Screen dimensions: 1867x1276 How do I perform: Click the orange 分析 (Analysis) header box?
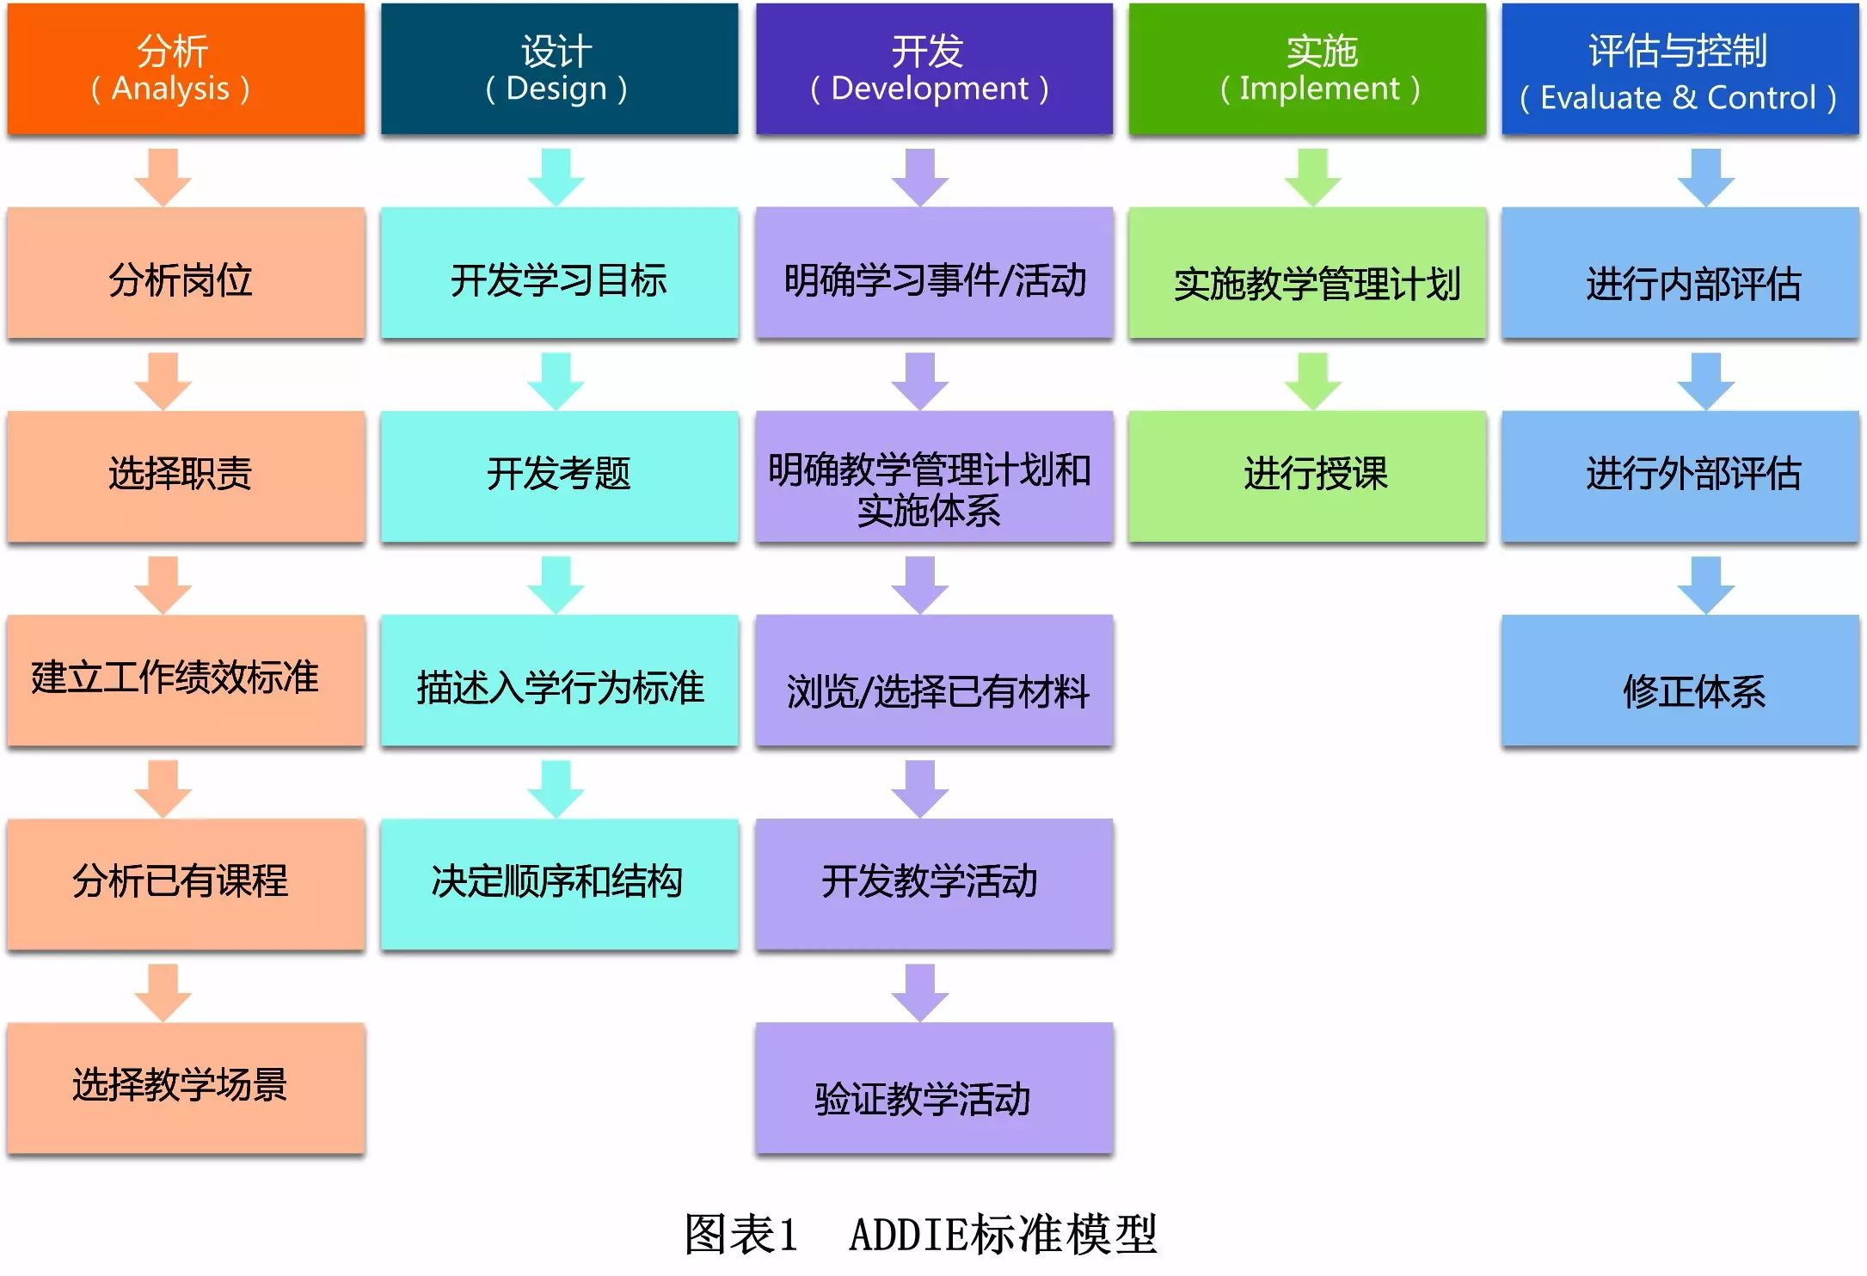(186, 69)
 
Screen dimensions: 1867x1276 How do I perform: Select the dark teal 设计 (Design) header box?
(559, 69)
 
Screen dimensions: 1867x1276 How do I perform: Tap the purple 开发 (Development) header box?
(934, 69)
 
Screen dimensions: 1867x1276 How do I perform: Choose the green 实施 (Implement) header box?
(1307, 69)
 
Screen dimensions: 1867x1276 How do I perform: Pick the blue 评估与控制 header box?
(1680, 69)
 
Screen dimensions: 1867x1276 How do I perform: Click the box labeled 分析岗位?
(186, 273)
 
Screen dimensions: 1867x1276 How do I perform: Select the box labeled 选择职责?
(186, 476)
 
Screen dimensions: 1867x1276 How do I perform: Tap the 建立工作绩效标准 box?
(186, 680)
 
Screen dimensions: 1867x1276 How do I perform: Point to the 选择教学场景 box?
(186, 1088)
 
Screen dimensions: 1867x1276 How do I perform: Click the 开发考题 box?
(559, 476)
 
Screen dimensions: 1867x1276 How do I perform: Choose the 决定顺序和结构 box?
(559, 884)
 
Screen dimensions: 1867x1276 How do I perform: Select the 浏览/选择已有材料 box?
(934, 680)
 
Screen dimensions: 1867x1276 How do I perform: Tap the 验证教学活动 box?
(934, 1088)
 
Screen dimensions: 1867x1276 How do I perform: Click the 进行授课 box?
(1307, 476)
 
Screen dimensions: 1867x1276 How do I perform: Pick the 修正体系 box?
(1680, 680)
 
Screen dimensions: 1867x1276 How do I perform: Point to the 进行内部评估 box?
(1680, 273)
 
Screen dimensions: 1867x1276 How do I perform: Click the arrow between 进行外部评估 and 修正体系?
(1706, 585)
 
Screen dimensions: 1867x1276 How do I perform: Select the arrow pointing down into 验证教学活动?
(920, 992)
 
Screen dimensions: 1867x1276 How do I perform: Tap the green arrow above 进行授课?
(1313, 381)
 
